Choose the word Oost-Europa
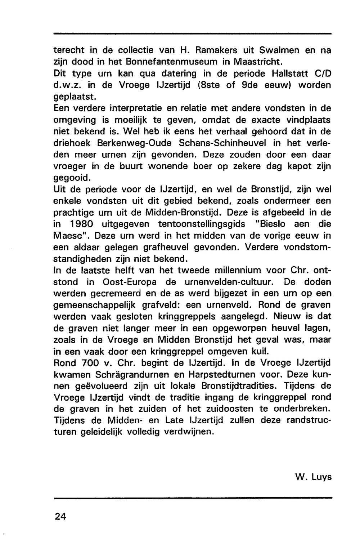tap(127, 282)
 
